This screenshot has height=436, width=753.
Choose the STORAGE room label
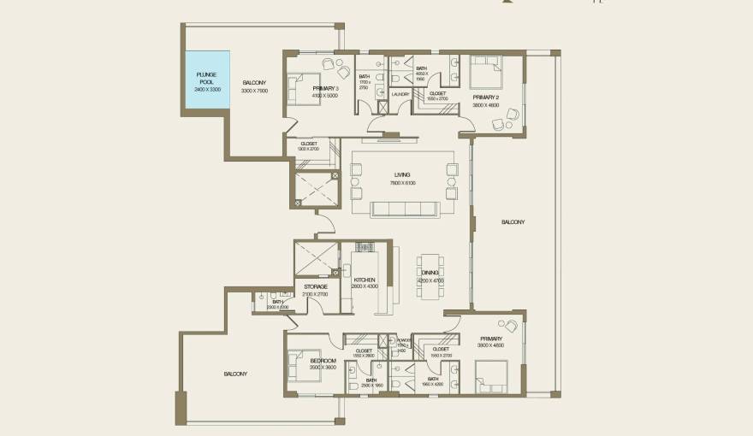(316, 286)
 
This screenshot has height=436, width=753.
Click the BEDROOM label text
(323, 362)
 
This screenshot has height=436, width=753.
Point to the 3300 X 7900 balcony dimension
(254, 90)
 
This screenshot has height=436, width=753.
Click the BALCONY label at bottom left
(235, 374)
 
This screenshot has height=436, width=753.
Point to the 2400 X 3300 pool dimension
(207, 90)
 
